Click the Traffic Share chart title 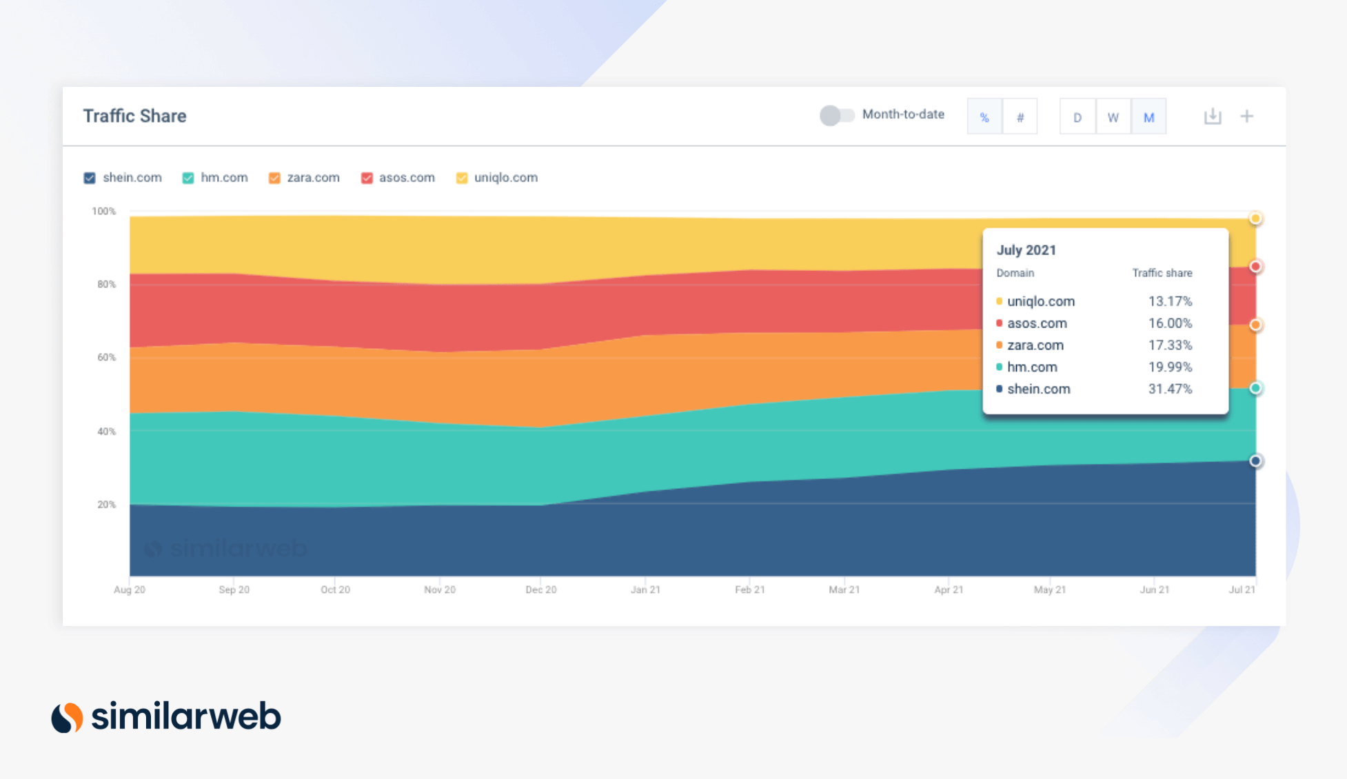(x=134, y=116)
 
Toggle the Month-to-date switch (x=837, y=115)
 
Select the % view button (x=984, y=117)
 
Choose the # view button (x=1020, y=117)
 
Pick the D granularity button (x=1077, y=117)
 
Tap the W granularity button (x=1113, y=117)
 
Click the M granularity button (x=1148, y=117)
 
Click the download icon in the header (x=1213, y=117)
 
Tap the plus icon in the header (x=1247, y=117)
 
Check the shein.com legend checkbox (x=90, y=178)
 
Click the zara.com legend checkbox (x=274, y=178)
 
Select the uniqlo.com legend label (x=505, y=177)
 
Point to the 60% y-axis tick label (x=106, y=357)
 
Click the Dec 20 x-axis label (x=541, y=589)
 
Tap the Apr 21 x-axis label (x=949, y=589)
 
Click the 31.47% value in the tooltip (x=1170, y=389)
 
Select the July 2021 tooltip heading (x=1026, y=250)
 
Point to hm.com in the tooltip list (x=1032, y=367)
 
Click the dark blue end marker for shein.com (x=1255, y=461)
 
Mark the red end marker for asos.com (x=1255, y=267)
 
